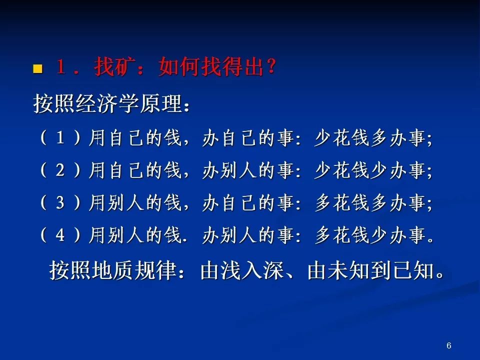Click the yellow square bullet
point(37,68)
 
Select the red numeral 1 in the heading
point(60,66)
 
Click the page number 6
point(449,345)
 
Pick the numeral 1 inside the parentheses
point(60,138)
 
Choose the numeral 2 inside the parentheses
point(60,170)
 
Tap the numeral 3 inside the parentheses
point(60,202)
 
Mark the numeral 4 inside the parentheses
point(60,235)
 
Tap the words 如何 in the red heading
point(179,66)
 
